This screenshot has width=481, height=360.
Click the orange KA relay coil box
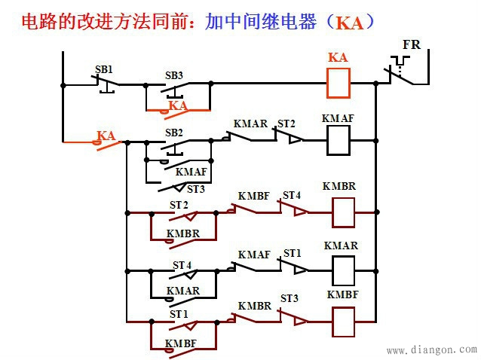[338, 84]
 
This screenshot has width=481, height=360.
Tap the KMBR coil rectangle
[343, 212]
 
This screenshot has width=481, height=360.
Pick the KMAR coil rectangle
[342, 269]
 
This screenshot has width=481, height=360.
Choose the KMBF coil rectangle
[343, 322]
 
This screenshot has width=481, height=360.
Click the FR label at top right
[412, 44]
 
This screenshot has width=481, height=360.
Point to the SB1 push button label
[104, 69]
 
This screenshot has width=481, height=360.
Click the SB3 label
[174, 75]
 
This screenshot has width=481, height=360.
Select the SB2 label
[174, 133]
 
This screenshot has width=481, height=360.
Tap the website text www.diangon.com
[431, 350]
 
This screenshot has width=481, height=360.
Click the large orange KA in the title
[349, 23]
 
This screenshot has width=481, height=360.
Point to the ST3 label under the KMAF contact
[196, 189]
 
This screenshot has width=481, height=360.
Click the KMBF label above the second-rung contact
[254, 197]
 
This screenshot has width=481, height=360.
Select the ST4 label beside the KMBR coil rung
[292, 196]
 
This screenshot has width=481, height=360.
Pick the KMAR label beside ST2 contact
[250, 124]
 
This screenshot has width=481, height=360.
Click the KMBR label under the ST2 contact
[183, 233]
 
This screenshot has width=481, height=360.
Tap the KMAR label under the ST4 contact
[183, 290]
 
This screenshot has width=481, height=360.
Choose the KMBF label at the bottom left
[181, 344]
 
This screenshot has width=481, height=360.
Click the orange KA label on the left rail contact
[106, 136]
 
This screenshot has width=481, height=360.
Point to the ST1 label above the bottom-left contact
[179, 313]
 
